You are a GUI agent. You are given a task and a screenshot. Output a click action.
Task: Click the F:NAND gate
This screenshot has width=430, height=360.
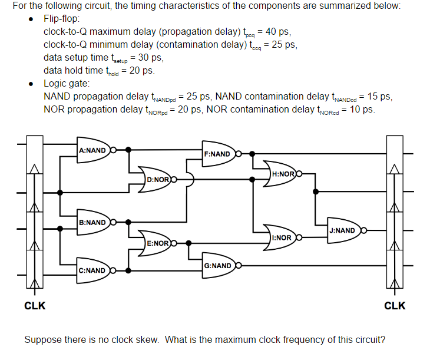219,154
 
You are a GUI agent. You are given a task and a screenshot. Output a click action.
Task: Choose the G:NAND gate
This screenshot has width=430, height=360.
219,266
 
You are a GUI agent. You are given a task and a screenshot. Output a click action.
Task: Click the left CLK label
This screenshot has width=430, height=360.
35,306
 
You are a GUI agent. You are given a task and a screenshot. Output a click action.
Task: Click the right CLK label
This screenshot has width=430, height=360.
395,306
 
